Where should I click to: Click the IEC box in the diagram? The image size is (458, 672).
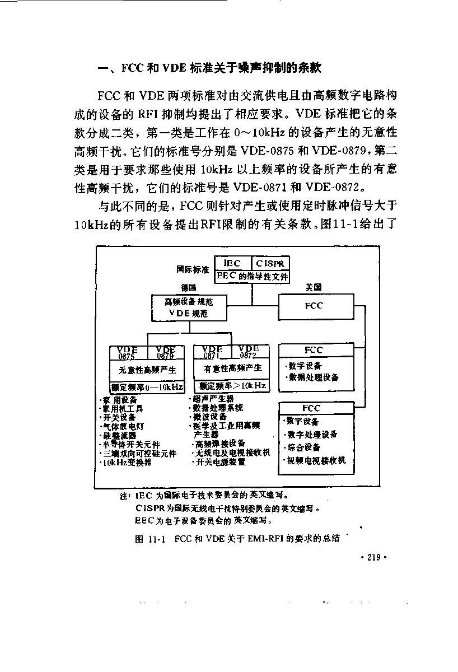click(233, 263)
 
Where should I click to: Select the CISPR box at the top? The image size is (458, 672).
click(270, 263)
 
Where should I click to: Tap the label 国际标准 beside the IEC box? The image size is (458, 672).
click(193, 269)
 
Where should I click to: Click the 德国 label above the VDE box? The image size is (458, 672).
click(189, 288)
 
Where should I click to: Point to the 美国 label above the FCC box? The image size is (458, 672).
click(314, 287)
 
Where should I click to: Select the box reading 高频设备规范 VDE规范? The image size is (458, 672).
click(189, 308)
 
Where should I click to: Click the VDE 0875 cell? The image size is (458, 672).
click(128, 353)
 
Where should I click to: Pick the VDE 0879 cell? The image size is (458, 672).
click(166, 353)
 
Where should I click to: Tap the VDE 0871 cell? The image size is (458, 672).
click(213, 352)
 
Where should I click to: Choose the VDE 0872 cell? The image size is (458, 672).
click(250, 352)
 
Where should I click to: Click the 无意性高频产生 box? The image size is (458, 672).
click(147, 371)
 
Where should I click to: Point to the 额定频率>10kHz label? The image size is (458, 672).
click(233, 385)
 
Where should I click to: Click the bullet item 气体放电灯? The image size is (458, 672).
click(123, 426)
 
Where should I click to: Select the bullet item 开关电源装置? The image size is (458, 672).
click(219, 462)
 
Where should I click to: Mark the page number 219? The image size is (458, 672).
click(373, 557)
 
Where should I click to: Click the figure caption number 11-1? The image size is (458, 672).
click(157, 539)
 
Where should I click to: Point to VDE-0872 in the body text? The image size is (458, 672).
click(332, 188)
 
